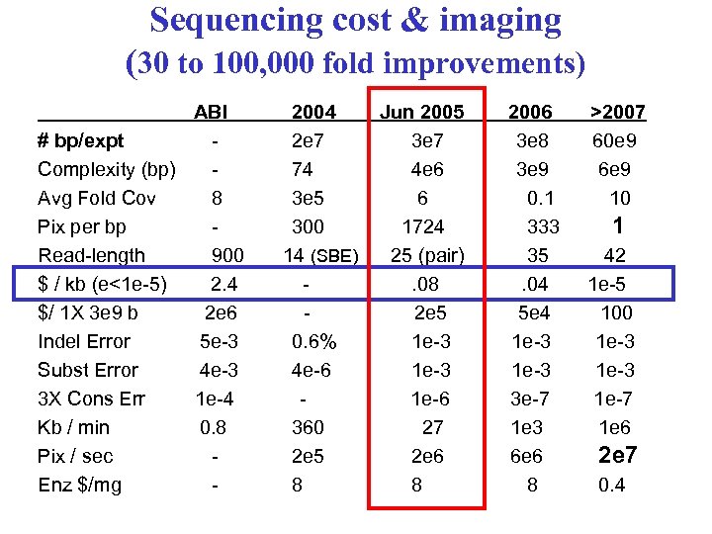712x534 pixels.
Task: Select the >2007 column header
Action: [x=618, y=112]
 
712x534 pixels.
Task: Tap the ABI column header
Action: [x=211, y=112]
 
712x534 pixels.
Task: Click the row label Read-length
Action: [x=91, y=255]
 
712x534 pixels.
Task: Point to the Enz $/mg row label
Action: [x=79, y=485]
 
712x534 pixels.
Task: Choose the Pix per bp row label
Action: [x=84, y=226]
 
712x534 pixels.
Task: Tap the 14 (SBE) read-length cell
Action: [x=320, y=255]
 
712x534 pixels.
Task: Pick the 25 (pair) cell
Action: [x=427, y=255]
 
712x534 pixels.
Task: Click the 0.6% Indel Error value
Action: [x=314, y=341]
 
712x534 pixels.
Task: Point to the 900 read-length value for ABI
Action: [x=227, y=255]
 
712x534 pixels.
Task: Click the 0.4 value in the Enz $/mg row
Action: [x=611, y=485]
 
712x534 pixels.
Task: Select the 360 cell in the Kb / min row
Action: [x=309, y=427]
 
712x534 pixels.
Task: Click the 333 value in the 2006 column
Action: [x=543, y=226]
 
